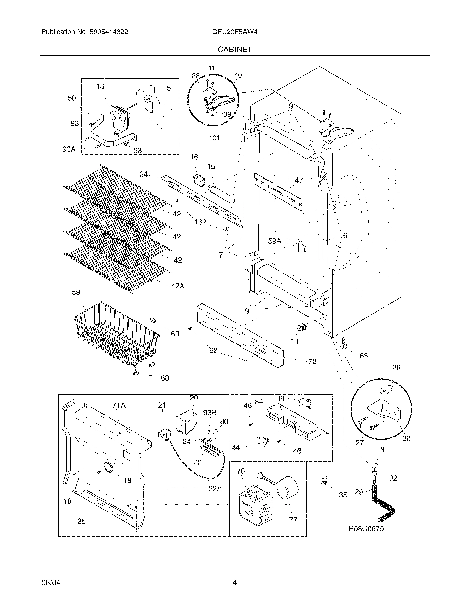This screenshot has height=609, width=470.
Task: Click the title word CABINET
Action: click(234, 49)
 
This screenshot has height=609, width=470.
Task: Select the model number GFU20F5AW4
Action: click(234, 32)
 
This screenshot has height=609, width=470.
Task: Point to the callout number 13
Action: click(100, 86)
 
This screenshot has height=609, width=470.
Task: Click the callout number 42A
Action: click(178, 286)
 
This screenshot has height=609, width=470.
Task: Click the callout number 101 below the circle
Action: click(214, 138)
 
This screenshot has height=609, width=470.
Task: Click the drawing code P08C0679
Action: click(366, 528)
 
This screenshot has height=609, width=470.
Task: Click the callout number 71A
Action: click(119, 405)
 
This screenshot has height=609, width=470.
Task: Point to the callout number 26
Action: click(396, 368)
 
